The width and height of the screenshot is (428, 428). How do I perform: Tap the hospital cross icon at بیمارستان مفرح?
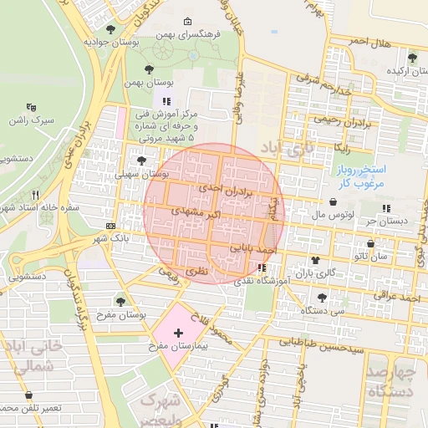click(x=178, y=333)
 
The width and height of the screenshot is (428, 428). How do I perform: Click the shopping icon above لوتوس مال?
click(x=334, y=201)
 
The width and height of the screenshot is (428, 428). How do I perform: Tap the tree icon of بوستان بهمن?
click(x=149, y=70)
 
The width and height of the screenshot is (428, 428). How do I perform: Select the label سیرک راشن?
click(x=38, y=120)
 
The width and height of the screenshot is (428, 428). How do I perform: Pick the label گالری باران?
click(x=318, y=273)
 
